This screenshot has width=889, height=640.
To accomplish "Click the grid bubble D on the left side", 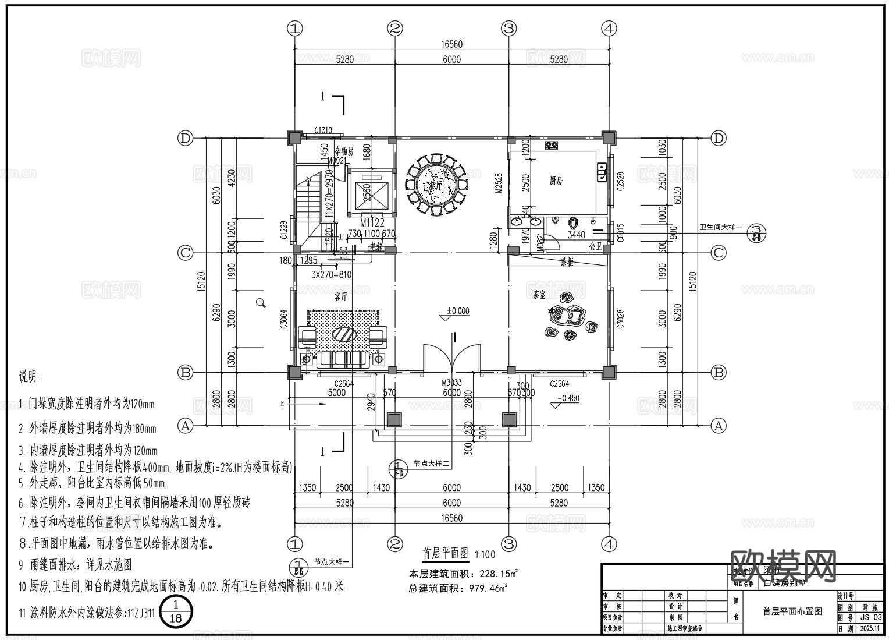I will point(185,138).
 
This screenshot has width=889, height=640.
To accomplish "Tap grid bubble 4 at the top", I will point(609,28).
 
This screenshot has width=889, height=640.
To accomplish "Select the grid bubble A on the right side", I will point(719,426).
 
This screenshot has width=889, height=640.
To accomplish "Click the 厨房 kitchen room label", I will point(556,181).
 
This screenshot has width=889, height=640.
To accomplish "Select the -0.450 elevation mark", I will point(568,399).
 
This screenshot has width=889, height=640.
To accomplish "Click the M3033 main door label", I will point(451,383).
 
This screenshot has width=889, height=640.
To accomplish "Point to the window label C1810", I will point(323,130).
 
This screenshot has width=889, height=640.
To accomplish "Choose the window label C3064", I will point(284,319).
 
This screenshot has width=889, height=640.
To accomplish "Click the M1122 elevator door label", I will point(372,222).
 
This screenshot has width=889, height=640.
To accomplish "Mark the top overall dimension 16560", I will point(451,44).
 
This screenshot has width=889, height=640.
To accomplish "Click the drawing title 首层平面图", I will point(445,553).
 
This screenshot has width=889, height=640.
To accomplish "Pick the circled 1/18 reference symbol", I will point(175,612).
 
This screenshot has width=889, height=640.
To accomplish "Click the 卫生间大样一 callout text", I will point(721,227).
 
